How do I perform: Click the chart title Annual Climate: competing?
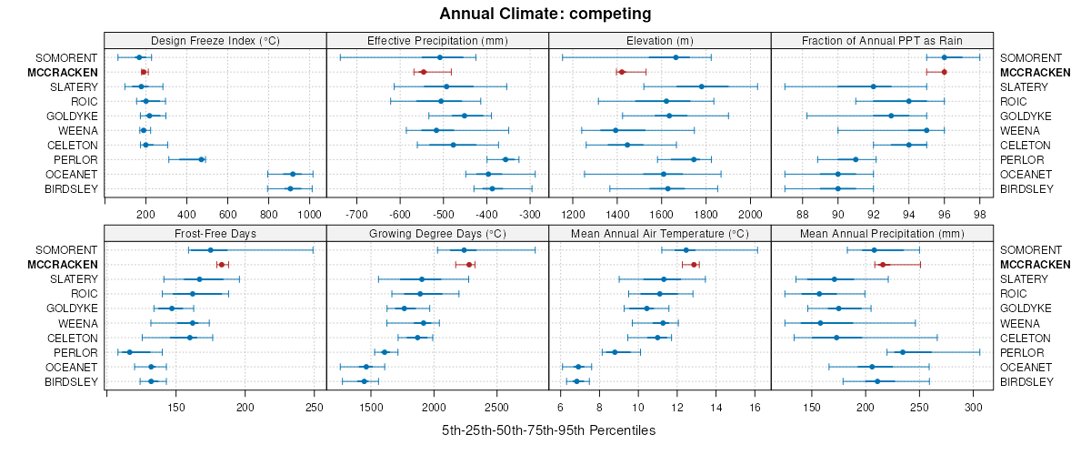545,14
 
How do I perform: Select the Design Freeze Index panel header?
215,40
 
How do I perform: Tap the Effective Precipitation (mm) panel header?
437,40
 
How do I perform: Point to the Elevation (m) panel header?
660,40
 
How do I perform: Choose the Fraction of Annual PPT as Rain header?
882,40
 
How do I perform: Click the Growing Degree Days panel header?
437,232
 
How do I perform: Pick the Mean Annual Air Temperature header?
660,232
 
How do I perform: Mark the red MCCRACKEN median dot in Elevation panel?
621,72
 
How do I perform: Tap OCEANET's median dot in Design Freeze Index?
293,174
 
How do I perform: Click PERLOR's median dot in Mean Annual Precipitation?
903,352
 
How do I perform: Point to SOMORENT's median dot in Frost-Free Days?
210,250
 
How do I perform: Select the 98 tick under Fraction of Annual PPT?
979,215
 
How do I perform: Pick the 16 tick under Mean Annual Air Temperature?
756,407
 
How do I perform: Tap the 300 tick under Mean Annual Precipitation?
973,407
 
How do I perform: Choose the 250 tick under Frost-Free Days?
314,407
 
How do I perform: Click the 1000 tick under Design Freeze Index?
309,215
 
